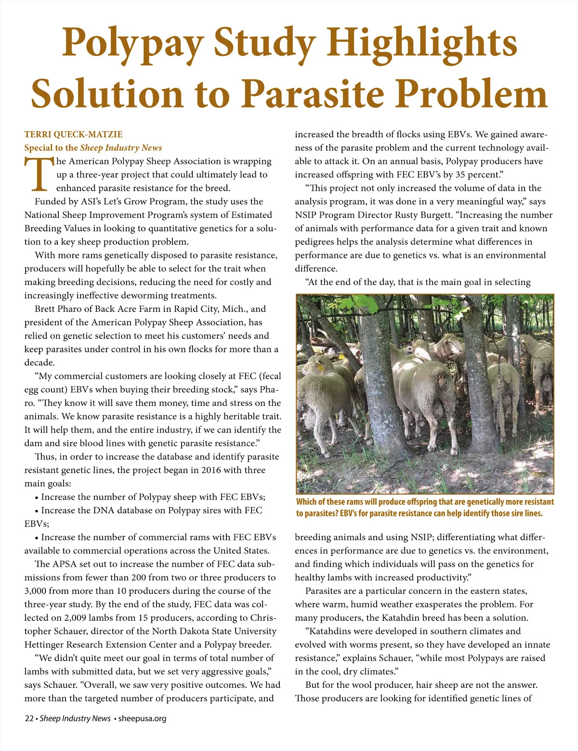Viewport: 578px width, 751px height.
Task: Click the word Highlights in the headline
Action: coord(424,42)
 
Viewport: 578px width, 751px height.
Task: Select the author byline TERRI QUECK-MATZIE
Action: coord(73,134)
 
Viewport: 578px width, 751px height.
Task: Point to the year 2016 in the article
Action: coord(211,470)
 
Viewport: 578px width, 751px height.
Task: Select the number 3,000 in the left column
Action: coord(38,591)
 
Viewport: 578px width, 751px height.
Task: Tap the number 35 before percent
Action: coord(461,174)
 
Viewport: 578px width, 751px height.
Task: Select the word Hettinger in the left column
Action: coord(47,645)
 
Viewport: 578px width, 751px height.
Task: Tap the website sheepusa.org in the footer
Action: coord(142,719)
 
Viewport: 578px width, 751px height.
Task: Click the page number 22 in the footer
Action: coord(29,719)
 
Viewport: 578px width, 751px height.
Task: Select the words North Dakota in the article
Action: coord(181,631)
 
